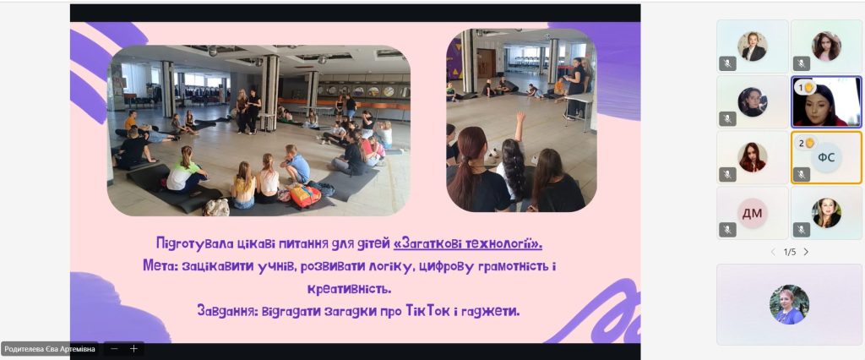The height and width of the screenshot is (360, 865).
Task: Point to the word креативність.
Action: click(349, 289)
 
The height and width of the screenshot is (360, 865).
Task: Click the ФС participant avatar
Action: click(826, 158)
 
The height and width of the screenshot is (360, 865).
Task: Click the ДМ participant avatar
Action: click(752, 213)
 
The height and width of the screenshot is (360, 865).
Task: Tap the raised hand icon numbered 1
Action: click(809, 87)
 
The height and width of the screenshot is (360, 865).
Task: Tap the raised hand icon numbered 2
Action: click(809, 143)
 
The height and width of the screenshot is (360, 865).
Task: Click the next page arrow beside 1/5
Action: click(806, 252)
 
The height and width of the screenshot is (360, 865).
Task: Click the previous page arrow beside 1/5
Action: click(773, 252)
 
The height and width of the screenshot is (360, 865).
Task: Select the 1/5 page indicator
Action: click(790, 252)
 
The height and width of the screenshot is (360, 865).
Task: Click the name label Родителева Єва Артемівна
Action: click(50, 349)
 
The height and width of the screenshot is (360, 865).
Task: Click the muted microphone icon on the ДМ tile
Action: click(727, 230)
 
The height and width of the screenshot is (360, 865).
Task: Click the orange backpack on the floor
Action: click(305, 195)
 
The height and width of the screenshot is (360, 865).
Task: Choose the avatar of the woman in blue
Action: click(789, 304)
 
